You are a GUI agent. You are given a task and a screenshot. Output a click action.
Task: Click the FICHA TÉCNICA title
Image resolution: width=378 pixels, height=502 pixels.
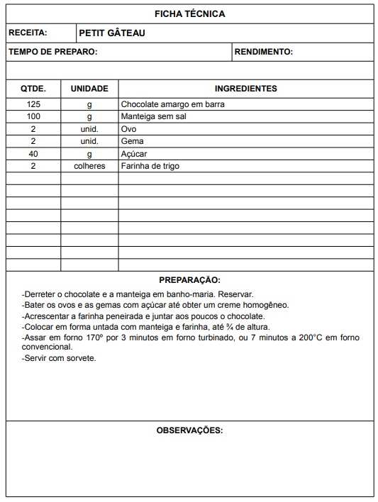point(189,13)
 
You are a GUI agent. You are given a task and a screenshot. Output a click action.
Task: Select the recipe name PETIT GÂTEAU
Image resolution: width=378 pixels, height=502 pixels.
point(112,33)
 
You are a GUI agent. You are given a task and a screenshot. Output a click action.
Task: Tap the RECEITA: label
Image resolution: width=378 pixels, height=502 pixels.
point(28,33)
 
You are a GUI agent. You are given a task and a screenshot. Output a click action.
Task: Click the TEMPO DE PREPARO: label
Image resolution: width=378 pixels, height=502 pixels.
point(53,52)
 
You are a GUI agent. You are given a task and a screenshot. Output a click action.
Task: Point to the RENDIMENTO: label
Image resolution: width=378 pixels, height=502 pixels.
point(264,52)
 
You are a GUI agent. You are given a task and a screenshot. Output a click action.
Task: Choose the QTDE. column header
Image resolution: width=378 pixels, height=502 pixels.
point(33,89)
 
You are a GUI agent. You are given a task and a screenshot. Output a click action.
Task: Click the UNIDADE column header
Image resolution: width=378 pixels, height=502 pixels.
point(89,89)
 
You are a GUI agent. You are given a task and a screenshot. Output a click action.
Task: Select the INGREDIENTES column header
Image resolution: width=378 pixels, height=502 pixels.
point(245,89)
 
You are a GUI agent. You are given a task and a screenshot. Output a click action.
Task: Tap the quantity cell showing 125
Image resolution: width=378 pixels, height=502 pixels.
point(33,104)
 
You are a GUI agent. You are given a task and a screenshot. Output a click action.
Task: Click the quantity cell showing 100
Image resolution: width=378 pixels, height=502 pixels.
point(33,116)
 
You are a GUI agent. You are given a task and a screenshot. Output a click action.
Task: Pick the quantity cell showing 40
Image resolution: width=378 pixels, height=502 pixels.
point(33,153)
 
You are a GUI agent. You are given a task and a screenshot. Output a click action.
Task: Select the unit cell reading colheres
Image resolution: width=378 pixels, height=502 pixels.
point(89,166)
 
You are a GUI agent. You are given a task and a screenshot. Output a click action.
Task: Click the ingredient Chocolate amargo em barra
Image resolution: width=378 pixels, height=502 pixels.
point(167,104)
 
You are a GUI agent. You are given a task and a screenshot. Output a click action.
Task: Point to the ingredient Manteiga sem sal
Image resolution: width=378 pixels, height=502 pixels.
point(153,116)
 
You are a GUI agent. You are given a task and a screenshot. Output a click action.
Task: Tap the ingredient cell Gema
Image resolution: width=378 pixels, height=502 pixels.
point(133,141)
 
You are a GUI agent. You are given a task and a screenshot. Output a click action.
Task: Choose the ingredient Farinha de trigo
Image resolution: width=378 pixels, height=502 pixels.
point(150,166)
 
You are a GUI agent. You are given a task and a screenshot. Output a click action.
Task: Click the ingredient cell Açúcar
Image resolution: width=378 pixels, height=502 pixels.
point(134,153)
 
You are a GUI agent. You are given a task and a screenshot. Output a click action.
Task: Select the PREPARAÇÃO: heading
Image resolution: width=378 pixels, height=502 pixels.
point(189,280)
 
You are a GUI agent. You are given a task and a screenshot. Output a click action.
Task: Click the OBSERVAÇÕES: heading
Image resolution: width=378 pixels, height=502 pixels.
point(189,430)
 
